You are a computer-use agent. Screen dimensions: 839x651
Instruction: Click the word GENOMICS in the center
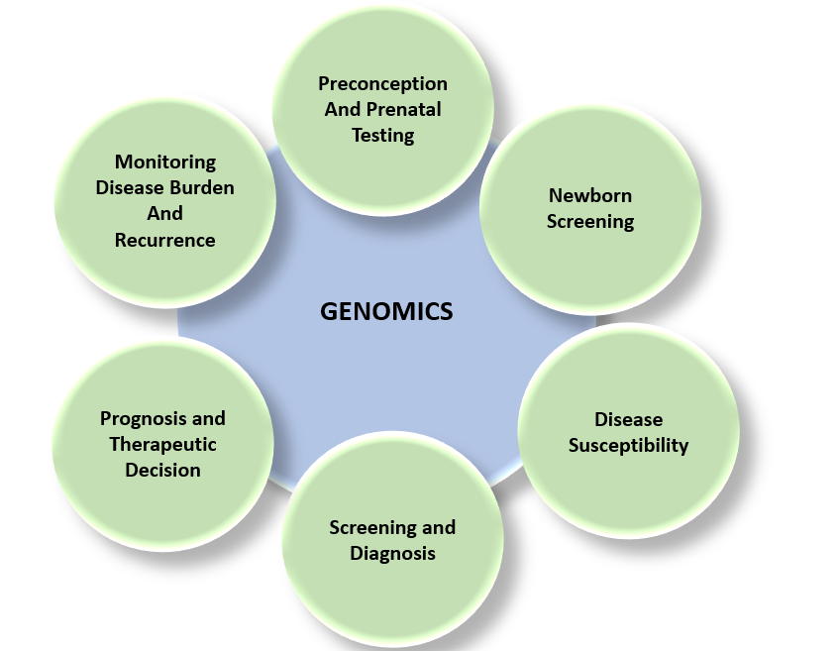(x=386, y=311)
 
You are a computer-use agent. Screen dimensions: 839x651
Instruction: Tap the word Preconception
(x=382, y=83)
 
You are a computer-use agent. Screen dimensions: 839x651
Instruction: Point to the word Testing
(x=382, y=135)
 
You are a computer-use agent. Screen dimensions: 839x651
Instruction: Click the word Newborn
(x=590, y=195)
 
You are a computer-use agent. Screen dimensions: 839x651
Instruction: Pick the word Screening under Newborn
(x=590, y=221)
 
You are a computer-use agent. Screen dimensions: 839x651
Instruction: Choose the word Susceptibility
(x=628, y=445)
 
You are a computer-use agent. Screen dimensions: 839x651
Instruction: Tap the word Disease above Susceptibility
(x=628, y=419)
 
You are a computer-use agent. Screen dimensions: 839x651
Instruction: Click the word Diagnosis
(x=392, y=553)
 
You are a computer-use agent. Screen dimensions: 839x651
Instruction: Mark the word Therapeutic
(x=162, y=444)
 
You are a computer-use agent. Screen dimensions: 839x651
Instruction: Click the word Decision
(x=162, y=470)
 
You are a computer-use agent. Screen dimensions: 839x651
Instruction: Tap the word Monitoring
(x=164, y=162)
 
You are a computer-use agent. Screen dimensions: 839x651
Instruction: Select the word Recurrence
(x=164, y=239)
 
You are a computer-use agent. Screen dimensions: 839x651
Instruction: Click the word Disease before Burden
(x=129, y=187)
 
